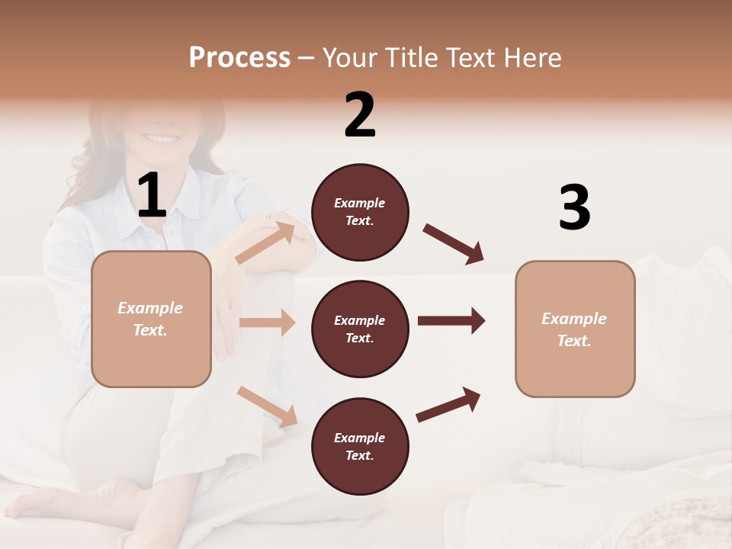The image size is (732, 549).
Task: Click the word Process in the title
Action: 239,58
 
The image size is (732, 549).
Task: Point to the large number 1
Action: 152,197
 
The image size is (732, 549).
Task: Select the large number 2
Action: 360,115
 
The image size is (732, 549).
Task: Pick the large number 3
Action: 574,208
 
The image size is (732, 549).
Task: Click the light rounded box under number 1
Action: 151,319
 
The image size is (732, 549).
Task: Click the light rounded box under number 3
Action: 575,329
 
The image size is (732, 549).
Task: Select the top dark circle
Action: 360,212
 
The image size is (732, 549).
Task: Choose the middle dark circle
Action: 360,329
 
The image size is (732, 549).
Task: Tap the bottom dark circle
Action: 360,447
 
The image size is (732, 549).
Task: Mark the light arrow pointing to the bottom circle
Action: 267,406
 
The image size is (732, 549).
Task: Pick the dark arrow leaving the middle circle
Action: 451,320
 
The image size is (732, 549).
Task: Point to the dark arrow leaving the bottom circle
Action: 448,405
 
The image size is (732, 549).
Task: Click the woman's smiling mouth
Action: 161,139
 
